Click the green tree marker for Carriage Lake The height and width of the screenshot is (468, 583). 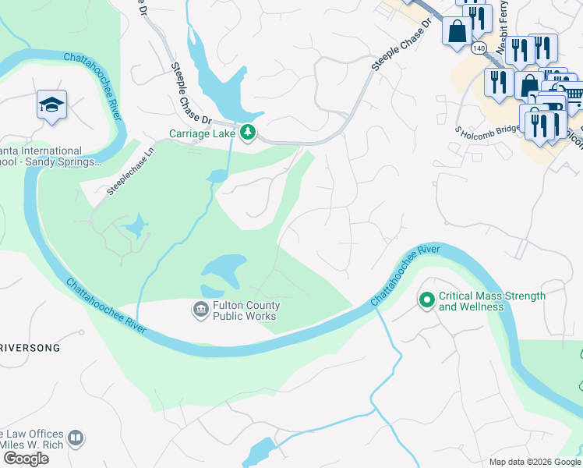click(x=248, y=133)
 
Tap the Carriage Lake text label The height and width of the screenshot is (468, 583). click(x=203, y=133)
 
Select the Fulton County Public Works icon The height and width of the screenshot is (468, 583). click(x=200, y=310)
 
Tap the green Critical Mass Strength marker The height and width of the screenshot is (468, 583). click(x=426, y=300)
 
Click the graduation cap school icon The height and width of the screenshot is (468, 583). click(x=51, y=105)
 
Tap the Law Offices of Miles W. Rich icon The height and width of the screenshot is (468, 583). click(x=76, y=438)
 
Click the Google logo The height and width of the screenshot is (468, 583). click(x=26, y=459)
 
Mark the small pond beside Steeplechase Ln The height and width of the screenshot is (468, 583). click(x=135, y=228)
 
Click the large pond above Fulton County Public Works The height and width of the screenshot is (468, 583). click(x=225, y=270)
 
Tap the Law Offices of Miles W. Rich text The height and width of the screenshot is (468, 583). click(x=31, y=439)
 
